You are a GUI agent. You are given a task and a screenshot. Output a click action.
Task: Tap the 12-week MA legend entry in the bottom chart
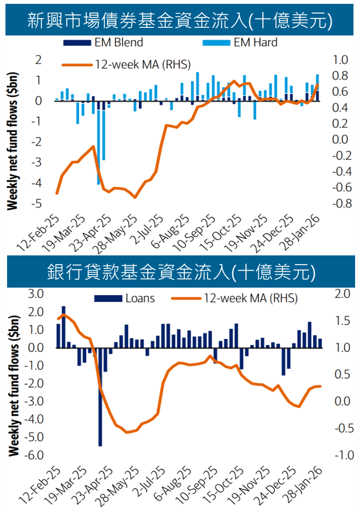235,299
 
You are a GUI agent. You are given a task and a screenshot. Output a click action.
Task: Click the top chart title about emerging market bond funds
179,20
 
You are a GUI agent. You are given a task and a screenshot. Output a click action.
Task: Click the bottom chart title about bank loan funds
179,271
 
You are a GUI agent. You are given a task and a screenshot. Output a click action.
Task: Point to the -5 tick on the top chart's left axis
39,204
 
